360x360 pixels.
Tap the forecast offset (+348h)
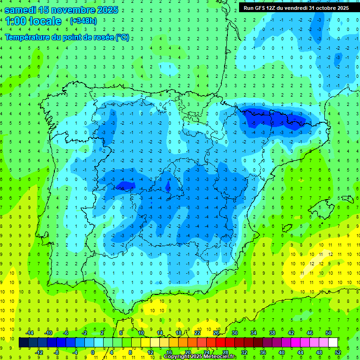[84, 21]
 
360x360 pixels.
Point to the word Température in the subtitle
[27, 37]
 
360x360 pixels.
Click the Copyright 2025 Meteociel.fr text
[200, 357]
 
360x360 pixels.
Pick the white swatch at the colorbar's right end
[333, 343]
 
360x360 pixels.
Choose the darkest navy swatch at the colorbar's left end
[23, 343]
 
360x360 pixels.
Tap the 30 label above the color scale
[234, 333]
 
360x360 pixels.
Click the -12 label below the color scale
[39, 352]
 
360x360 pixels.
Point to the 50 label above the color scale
[329, 333]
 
